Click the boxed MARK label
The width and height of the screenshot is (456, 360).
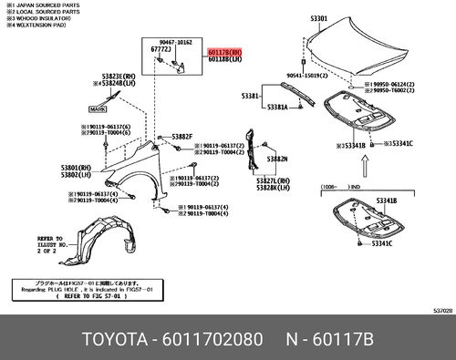97,108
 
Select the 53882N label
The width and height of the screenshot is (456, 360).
277,159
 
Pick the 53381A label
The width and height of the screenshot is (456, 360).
278,108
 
